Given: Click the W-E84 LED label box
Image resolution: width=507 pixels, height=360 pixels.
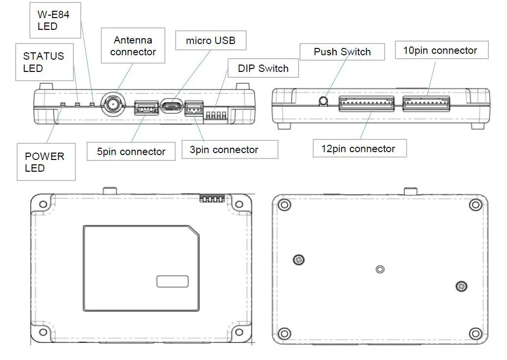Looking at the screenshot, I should [x=55, y=21].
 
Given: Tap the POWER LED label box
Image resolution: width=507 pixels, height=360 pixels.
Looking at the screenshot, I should [x=46, y=162].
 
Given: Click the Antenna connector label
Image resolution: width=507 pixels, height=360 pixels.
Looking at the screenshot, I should [x=133, y=46].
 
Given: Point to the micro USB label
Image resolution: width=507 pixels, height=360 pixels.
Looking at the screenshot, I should [x=210, y=41].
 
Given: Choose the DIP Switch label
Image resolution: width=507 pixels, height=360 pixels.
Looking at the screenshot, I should [x=263, y=68].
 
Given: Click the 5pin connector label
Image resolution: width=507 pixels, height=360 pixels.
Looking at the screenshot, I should [x=131, y=152].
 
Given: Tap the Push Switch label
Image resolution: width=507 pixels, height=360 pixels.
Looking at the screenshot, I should [x=342, y=52].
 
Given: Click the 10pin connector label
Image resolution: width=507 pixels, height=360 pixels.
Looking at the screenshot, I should [x=439, y=51].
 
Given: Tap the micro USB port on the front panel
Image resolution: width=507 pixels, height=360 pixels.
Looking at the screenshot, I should [x=171, y=106].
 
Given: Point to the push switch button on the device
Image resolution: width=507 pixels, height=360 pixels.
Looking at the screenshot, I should [x=323, y=101].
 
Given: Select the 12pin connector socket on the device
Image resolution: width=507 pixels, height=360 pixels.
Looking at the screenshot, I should [x=366, y=103].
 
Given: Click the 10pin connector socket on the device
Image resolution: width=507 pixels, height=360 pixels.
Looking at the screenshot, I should [x=426, y=103].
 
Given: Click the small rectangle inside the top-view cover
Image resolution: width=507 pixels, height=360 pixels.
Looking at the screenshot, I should [x=172, y=281].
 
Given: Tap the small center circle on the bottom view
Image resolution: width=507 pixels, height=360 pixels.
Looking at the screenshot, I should [x=380, y=269].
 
